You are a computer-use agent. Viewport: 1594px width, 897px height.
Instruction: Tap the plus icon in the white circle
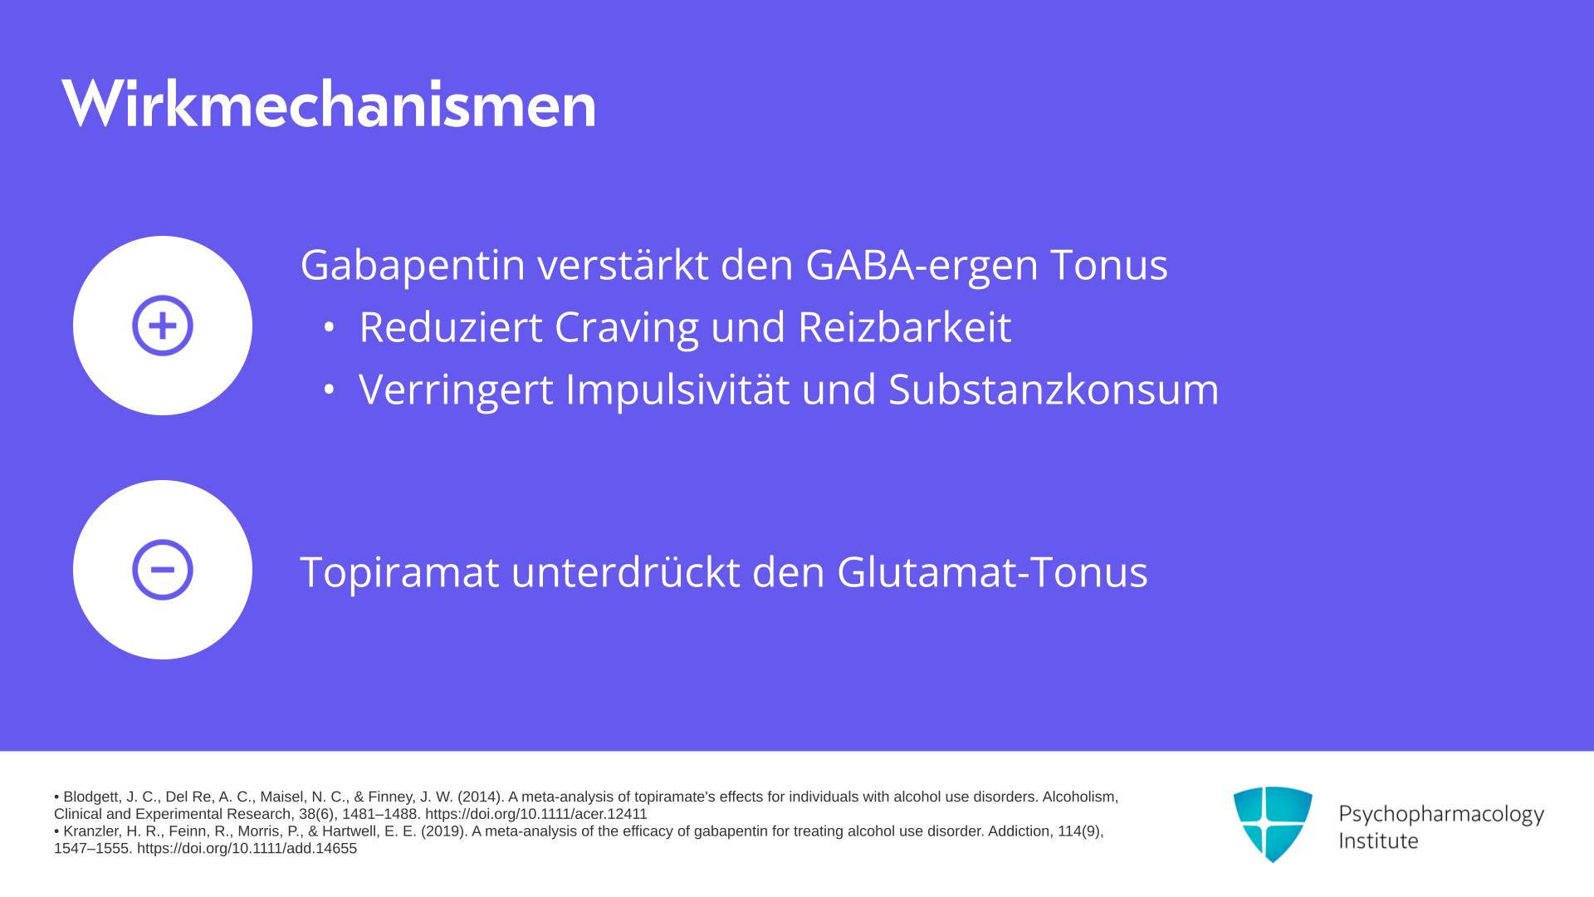coord(163,326)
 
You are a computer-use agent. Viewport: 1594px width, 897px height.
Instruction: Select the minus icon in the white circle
coord(163,570)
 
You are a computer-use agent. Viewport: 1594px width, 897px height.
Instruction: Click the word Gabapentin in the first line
coord(413,266)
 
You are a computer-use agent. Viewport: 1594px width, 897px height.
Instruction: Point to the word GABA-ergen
coord(922,266)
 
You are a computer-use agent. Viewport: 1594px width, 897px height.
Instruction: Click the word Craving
coord(627,327)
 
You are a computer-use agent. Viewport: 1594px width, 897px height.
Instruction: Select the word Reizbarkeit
coord(905,326)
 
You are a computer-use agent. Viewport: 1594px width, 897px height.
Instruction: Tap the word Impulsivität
coord(677,389)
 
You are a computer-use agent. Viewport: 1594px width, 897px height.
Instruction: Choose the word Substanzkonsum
coord(1054,389)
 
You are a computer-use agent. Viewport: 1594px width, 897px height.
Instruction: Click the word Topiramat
coord(399,571)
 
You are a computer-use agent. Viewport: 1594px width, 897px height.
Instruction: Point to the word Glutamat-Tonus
coord(992,571)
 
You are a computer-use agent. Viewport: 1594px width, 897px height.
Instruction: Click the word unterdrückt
coord(626,571)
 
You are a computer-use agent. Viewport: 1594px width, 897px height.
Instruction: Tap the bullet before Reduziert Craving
coord(329,327)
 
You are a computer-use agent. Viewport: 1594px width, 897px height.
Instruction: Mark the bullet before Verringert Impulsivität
coord(329,389)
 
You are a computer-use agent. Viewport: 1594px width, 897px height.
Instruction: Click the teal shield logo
coord(1273,824)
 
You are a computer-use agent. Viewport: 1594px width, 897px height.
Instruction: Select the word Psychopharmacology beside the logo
coord(1441,814)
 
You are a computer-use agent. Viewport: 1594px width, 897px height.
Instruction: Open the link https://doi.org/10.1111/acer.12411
coord(536,814)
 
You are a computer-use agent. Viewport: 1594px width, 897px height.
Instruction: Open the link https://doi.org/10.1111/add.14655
coord(247,848)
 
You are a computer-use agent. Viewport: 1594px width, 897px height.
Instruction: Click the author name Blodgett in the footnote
coord(90,797)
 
